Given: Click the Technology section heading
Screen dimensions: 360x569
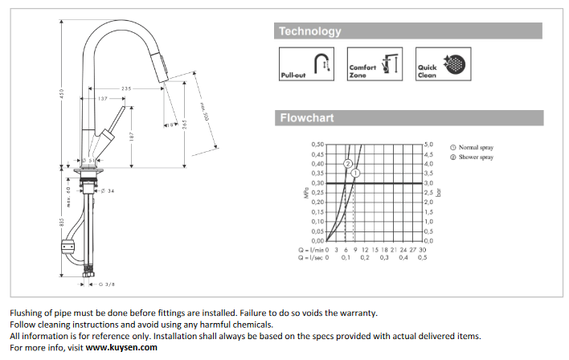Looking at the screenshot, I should coord(309,31).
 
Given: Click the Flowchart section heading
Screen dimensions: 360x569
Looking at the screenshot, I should coord(305,118).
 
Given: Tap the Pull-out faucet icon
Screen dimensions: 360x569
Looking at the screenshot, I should coord(307,63).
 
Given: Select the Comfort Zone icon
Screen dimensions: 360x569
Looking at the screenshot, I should coord(375,63).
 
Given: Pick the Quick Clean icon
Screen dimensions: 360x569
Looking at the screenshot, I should coord(444,63).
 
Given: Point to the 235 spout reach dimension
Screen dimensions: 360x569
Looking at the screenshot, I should coord(127,88).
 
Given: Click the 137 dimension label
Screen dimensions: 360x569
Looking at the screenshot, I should coord(103,98).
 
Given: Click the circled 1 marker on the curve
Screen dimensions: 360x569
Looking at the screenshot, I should coord(355,173).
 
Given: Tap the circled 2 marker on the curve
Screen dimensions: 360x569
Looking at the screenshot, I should coord(348,163).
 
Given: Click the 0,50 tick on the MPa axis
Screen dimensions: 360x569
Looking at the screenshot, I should coord(318,145).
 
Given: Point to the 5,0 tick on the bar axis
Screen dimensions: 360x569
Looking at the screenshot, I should coord(429,145).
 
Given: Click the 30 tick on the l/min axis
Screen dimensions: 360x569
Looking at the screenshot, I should coord(423,249).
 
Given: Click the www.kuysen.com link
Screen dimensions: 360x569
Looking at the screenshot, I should coord(121,347).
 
